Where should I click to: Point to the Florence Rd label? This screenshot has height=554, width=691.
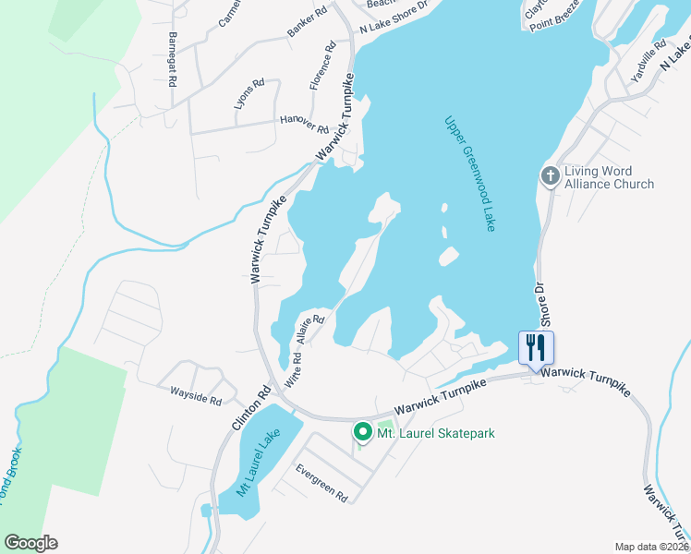click(x=321, y=66)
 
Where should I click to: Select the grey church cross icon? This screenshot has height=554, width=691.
click(x=551, y=176)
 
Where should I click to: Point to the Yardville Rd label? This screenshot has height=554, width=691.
click(x=648, y=62)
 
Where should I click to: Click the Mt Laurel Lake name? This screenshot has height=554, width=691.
click(x=259, y=466)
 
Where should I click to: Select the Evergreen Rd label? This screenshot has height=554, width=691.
click(x=321, y=483)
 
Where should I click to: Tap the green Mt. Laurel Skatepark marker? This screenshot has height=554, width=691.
click(x=362, y=431)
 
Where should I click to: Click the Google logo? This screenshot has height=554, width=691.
click(x=30, y=543)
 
